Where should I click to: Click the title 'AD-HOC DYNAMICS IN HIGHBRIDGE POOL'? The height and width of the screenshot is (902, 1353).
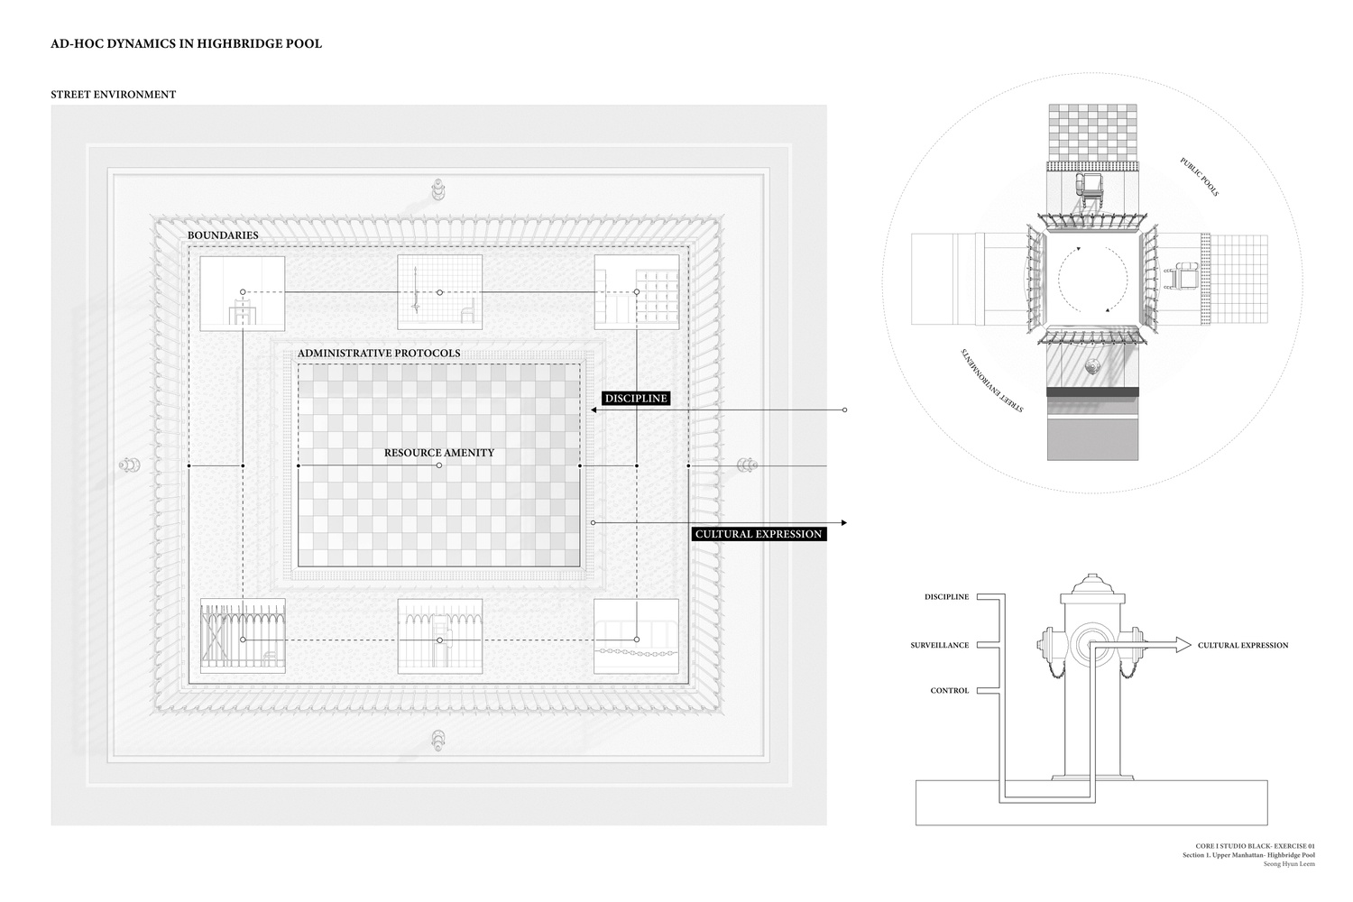pyautogui.click(x=186, y=43)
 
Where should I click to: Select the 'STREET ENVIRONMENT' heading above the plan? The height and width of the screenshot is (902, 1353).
pyautogui.click(x=114, y=94)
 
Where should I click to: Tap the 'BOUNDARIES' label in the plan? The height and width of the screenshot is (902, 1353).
pyautogui.click(x=223, y=235)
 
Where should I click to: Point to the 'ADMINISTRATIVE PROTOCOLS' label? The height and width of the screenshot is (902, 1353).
pyautogui.click(x=379, y=353)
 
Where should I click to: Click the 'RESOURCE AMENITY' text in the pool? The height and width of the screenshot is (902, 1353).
pyautogui.click(x=439, y=453)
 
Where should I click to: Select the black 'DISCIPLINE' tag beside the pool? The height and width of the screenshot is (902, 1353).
pyautogui.click(x=636, y=398)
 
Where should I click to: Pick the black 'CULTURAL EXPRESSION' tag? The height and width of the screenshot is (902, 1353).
pyautogui.click(x=759, y=534)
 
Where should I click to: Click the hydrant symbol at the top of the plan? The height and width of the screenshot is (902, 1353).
pyautogui.click(x=438, y=189)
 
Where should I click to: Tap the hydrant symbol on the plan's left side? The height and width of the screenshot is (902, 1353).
pyautogui.click(x=129, y=465)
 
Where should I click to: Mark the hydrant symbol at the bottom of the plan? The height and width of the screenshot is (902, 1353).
pyautogui.click(x=438, y=740)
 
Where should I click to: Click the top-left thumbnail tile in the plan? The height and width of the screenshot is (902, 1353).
pyautogui.click(x=243, y=293)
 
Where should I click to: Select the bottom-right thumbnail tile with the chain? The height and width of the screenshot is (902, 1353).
pyautogui.click(x=636, y=636)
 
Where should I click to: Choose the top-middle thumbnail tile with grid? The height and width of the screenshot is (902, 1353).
pyautogui.click(x=440, y=292)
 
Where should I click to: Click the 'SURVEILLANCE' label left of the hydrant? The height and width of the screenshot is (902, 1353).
pyautogui.click(x=939, y=645)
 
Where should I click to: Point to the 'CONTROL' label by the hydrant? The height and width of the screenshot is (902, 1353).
pyautogui.click(x=950, y=691)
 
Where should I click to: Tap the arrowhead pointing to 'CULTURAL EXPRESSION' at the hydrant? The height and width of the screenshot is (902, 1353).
pyautogui.click(x=1183, y=645)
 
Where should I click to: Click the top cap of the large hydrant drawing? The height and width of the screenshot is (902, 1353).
pyautogui.click(x=1092, y=583)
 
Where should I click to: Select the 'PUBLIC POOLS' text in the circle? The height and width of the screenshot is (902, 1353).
pyautogui.click(x=1200, y=177)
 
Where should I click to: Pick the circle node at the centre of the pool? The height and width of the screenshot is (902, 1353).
pyautogui.click(x=439, y=465)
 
